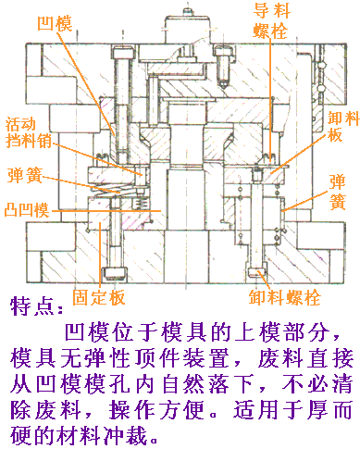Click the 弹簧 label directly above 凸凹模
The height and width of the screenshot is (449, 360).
point(23,175)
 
